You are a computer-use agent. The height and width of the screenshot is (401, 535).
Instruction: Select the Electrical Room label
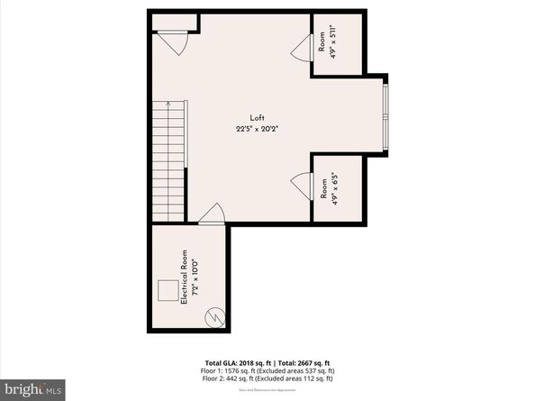tap(184, 281)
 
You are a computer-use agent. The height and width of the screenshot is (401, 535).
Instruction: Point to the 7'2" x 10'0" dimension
tap(194, 281)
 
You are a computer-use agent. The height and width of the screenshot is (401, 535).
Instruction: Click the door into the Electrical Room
tap(213, 214)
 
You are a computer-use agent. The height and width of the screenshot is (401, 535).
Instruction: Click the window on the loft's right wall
tap(385, 114)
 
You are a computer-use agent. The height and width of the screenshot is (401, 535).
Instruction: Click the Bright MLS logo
tap(32, 388)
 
